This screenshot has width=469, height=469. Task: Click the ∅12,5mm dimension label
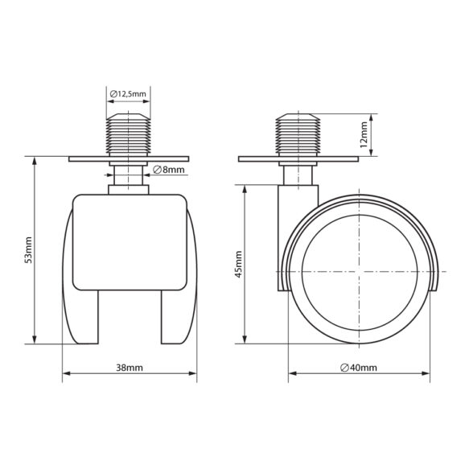(128, 94)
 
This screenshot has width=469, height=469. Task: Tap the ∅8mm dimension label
(169, 170)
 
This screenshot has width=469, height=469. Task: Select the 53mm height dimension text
(28, 250)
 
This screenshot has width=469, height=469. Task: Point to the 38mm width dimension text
(130, 368)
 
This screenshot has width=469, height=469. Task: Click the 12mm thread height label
(364, 134)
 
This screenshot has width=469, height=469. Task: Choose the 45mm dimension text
(239, 265)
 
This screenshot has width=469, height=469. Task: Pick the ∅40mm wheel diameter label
(359, 368)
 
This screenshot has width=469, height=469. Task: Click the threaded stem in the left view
(129, 134)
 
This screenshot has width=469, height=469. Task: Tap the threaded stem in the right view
(298, 134)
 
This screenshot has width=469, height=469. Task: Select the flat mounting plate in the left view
(129, 158)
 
